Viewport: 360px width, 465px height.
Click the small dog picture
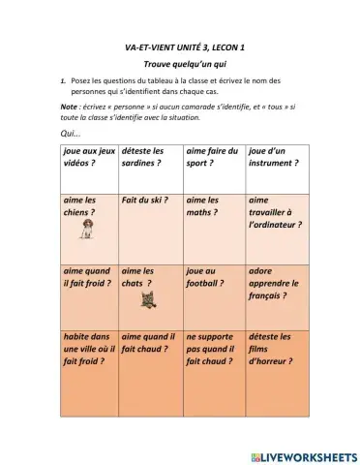[87, 229]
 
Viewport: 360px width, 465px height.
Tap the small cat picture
[150, 301]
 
